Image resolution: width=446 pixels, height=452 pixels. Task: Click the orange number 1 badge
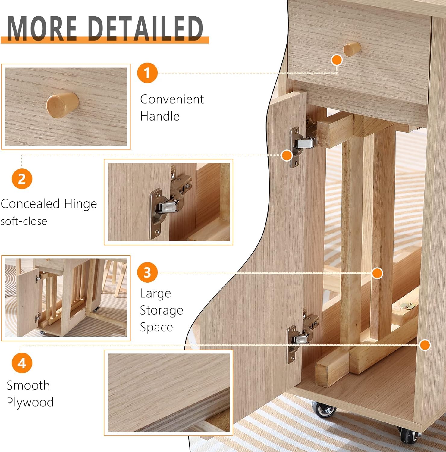tap(147, 73)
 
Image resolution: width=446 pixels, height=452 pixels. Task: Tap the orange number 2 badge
tap(22, 179)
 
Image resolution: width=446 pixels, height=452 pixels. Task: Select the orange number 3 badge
tap(147, 272)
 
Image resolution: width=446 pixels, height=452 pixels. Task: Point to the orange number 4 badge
tap(22, 363)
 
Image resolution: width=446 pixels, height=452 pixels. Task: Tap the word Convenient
tap(172, 99)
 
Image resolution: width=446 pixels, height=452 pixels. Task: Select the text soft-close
tap(24, 221)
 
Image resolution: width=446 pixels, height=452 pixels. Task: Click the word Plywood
tap(30, 402)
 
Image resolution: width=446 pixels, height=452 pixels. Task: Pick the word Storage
tap(162, 310)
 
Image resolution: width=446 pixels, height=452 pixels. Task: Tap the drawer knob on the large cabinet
tap(352, 49)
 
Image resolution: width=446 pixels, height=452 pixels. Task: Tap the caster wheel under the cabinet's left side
tap(324, 409)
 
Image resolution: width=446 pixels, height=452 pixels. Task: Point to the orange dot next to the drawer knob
tap(337, 60)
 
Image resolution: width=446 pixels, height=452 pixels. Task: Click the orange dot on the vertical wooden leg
tap(377, 273)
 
